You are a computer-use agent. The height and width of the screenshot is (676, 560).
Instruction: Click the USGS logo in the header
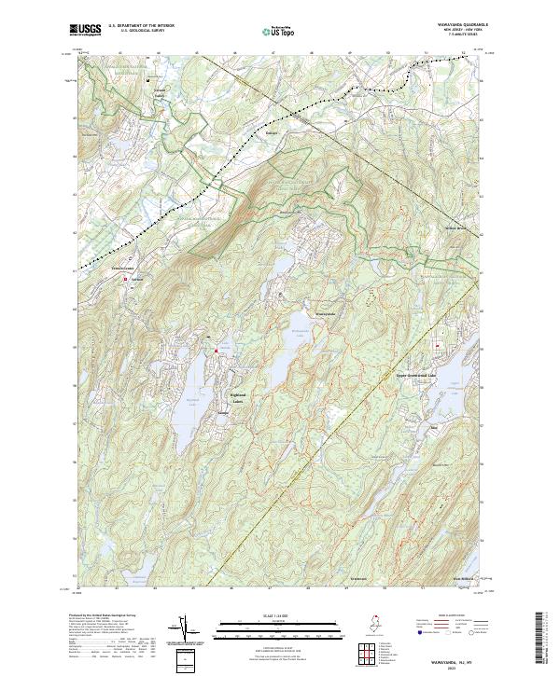(x=85, y=31)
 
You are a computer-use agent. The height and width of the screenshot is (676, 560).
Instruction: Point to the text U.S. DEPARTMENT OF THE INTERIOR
(x=141, y=26)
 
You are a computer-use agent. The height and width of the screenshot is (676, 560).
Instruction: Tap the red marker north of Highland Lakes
(x=216, y=351)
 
